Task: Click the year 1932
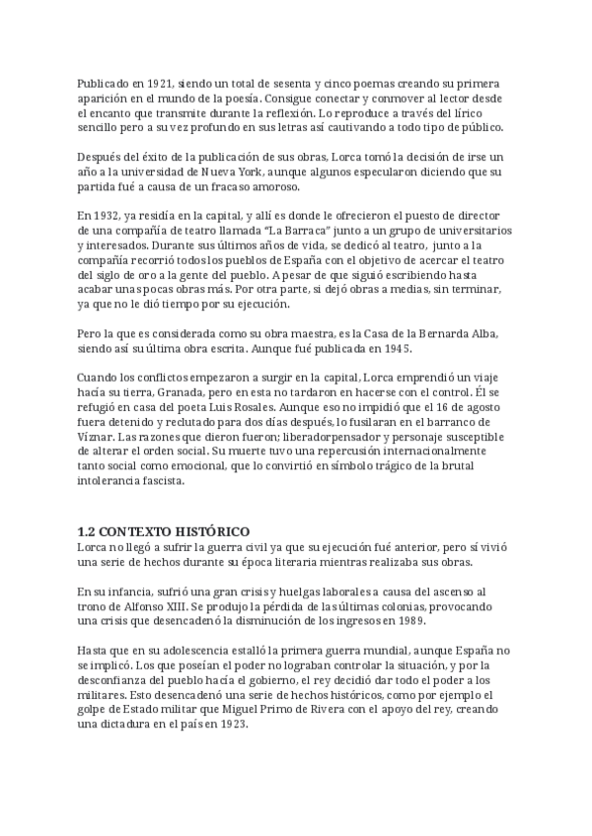109,215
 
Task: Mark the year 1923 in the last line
232,721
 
